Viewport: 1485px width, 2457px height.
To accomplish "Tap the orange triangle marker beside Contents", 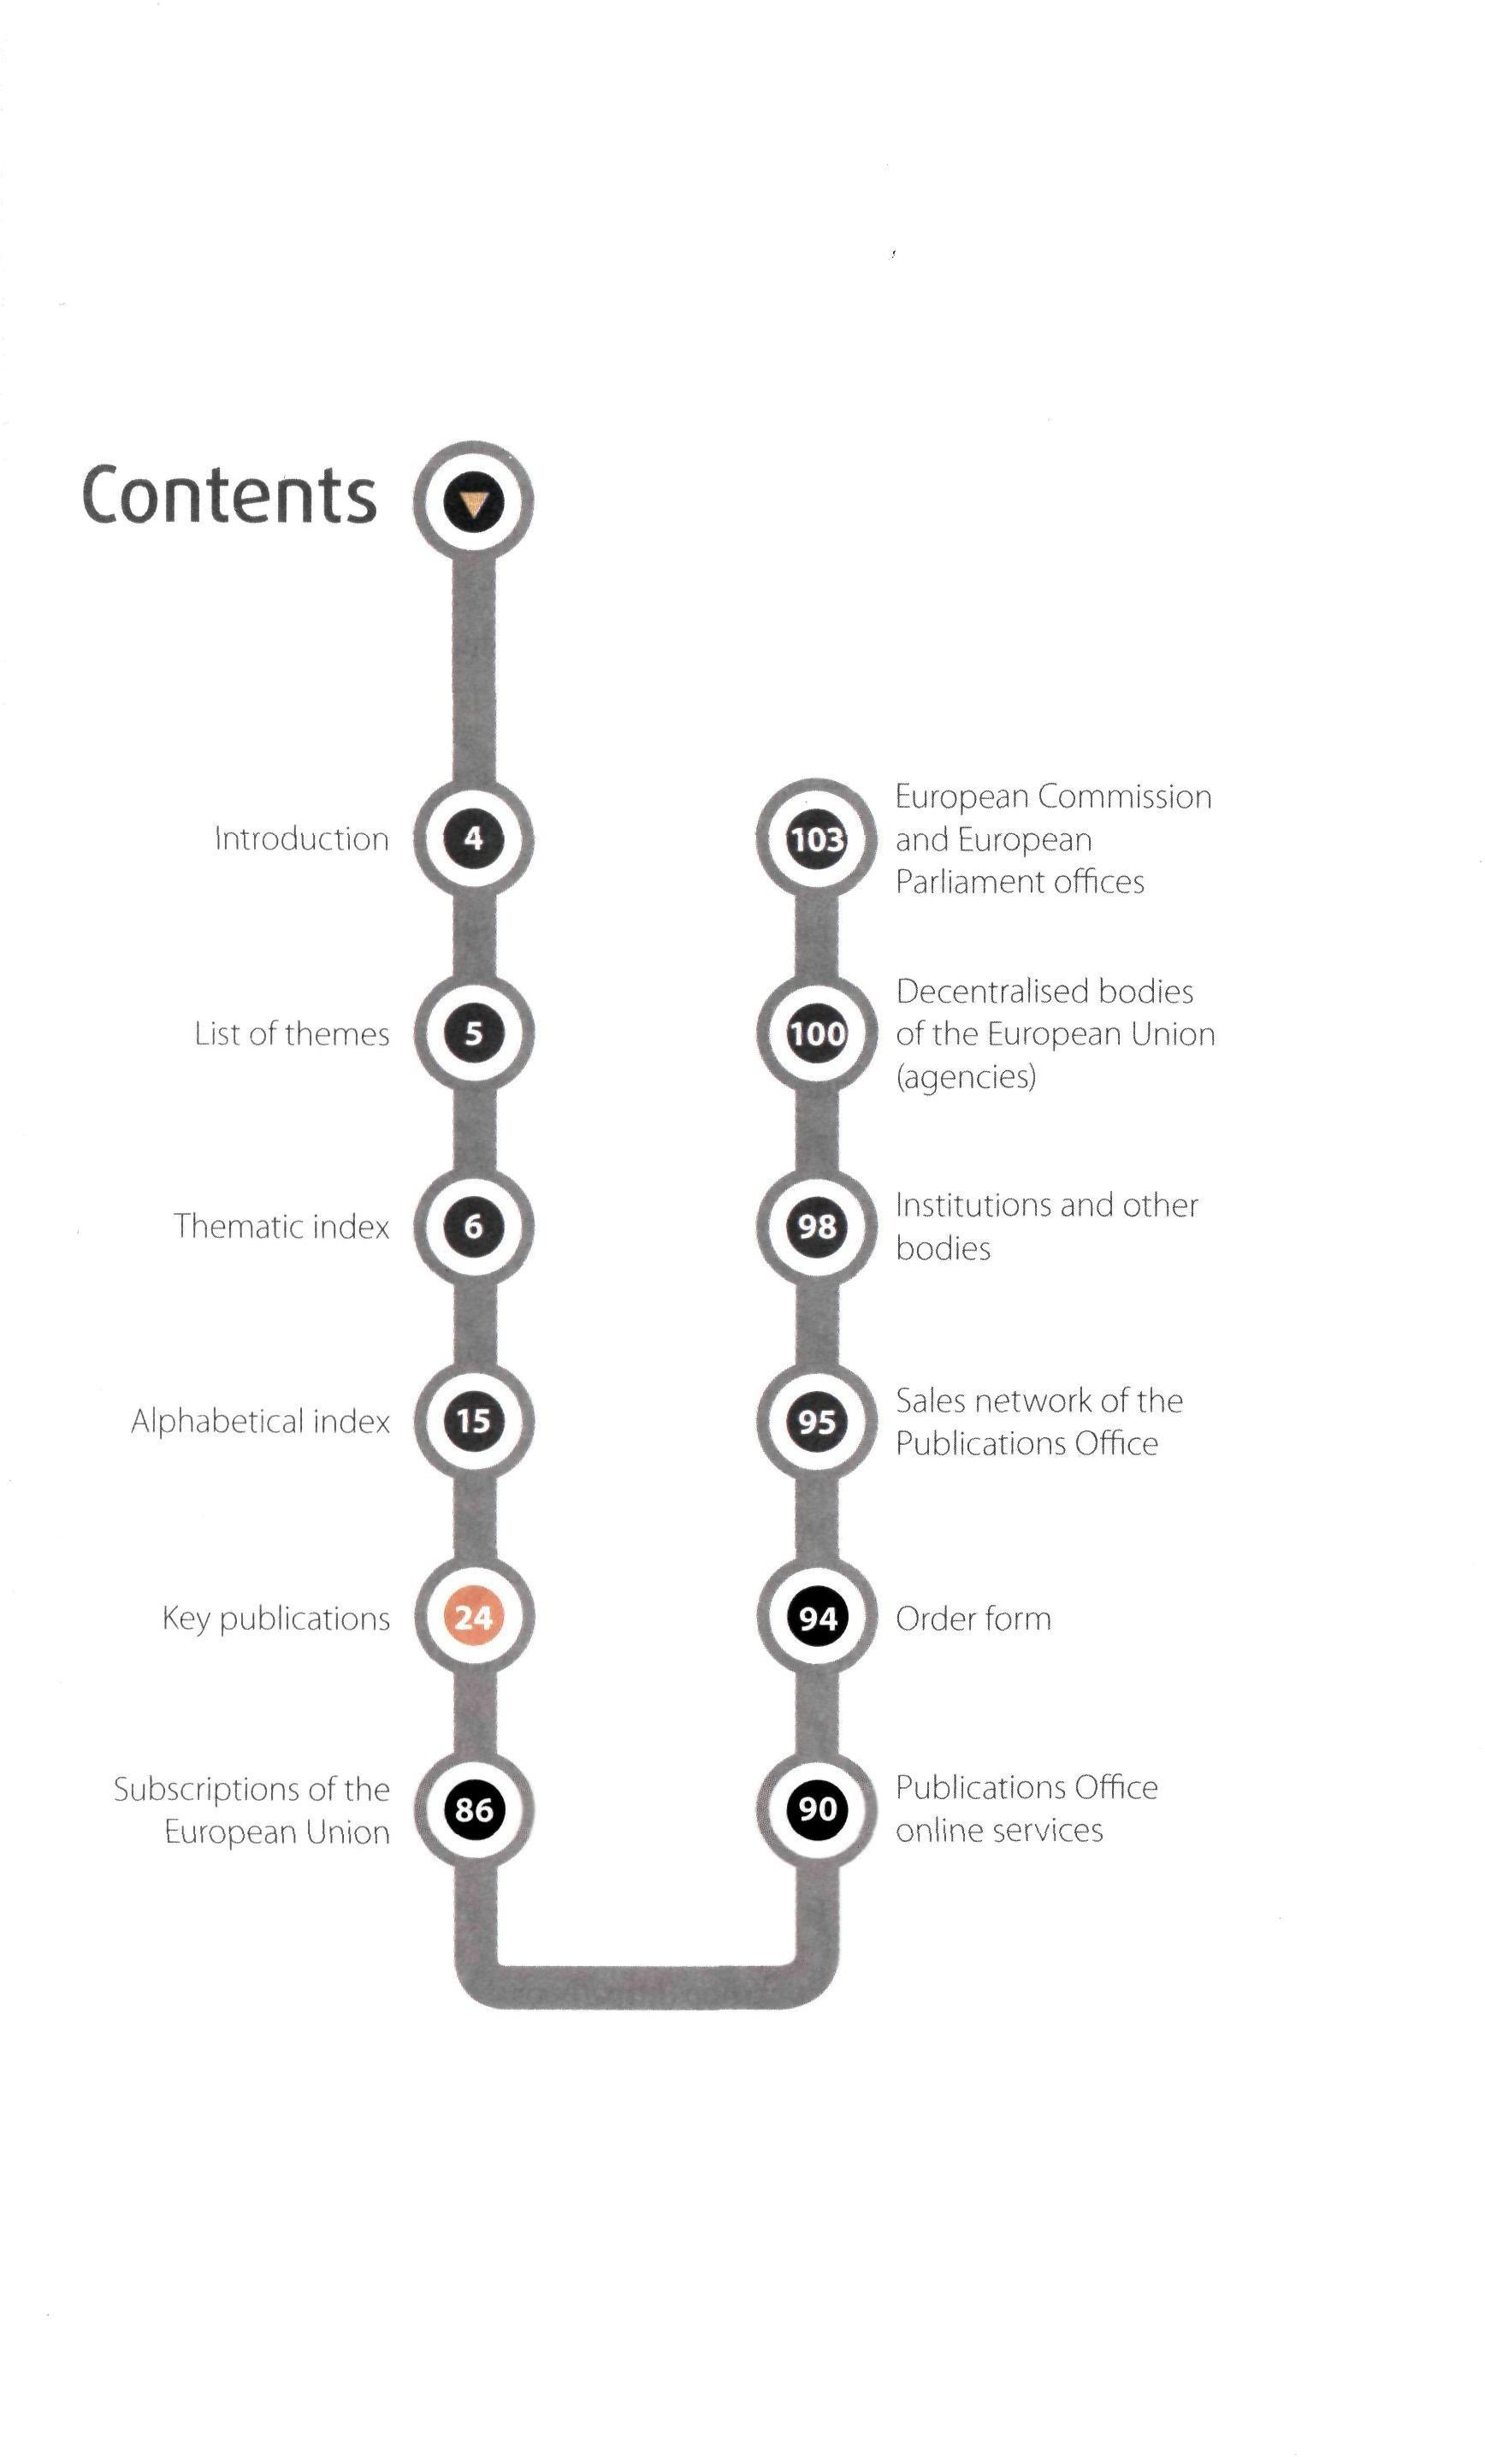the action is point(474,504).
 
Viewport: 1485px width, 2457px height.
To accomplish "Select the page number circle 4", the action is point(474,838).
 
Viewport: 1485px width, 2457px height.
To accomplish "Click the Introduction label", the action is point(301,838).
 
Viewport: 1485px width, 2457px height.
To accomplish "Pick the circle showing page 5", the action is point(474,1033).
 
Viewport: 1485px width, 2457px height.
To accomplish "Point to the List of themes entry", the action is point(291,1033).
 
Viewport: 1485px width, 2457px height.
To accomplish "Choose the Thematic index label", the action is point(281,1226).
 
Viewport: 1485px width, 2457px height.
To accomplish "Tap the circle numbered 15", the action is point(474,1420).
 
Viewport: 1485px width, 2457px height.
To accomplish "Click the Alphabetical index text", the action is point(260,1421).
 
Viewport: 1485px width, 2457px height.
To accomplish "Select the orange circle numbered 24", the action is point(474,1616).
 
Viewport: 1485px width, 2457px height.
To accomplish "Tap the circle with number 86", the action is point(474,1809).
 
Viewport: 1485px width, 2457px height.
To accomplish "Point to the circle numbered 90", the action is point(818,1809).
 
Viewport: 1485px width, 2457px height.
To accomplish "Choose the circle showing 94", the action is point(818,1616).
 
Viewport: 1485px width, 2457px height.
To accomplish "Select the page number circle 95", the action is point(818,1420).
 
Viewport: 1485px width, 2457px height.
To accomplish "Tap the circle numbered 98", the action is point(818,1226).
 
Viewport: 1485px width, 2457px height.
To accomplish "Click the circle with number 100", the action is point(818,1033).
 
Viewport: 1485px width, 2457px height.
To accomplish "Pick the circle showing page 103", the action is point(818,838).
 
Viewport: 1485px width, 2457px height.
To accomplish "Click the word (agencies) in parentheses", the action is point(966,1077).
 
